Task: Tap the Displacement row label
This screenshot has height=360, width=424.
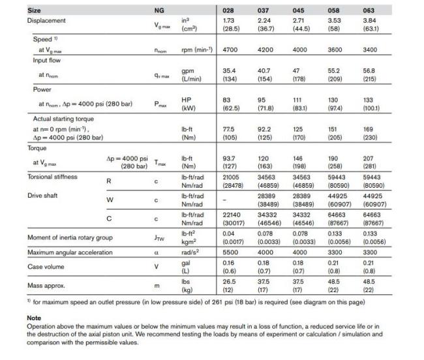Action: coord(46,21)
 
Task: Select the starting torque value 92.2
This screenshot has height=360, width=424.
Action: coord(264,130)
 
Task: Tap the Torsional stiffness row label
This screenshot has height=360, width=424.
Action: coord(52,177)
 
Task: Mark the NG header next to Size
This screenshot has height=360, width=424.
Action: coord(159,10)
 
